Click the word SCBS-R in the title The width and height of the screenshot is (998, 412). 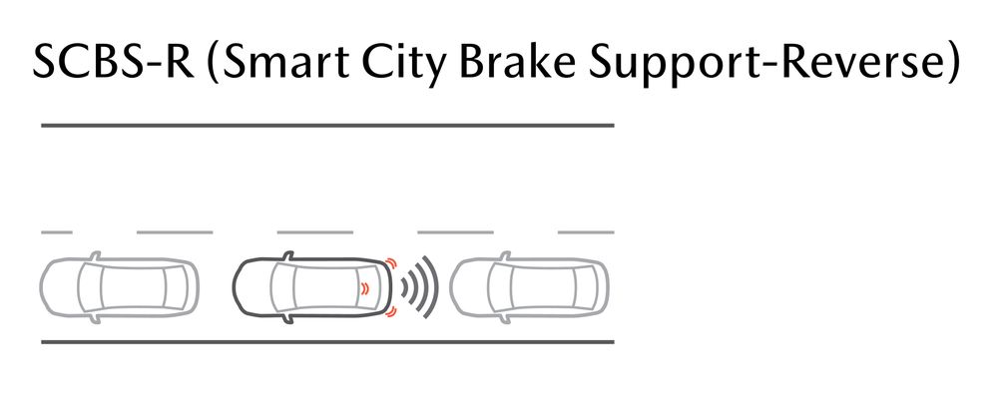[x=114, y=62]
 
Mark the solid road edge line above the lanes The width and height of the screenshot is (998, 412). [x=327, y=126]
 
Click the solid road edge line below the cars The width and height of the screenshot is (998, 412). [x=327, y=342]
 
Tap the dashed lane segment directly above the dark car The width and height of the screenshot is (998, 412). [x=315, y=232]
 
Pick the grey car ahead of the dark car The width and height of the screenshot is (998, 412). [x=120, y=287]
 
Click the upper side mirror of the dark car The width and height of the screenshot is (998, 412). [x=287, y=255]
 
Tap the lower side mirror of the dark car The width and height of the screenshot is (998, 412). [x=287, y=319]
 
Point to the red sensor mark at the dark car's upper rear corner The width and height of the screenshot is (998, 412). [x=391, y=263]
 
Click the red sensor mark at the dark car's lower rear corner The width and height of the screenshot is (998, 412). [x=391, y=311]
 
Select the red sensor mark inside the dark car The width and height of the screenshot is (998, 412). [x=364, y=288]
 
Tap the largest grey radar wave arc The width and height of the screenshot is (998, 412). [x=437, y=287]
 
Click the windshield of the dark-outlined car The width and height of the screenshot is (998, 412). [x=283, y=287]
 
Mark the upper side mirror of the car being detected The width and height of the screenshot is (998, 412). [x=505, y=255]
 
